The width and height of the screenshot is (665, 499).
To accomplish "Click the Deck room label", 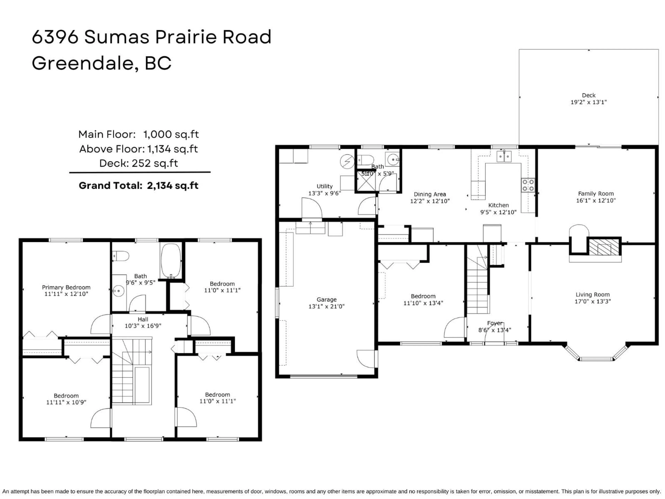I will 588,95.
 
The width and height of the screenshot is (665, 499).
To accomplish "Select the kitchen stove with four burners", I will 528,185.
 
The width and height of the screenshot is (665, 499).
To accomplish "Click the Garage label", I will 326,300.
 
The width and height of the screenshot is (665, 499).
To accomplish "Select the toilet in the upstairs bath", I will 121,256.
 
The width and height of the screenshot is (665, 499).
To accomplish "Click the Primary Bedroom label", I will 66,287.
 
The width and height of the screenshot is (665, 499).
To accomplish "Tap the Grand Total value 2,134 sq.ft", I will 172,186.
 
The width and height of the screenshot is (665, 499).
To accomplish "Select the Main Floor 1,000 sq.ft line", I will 139,134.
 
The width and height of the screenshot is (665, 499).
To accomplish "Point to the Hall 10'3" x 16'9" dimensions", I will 143,326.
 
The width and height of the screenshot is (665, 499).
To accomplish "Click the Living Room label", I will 593,295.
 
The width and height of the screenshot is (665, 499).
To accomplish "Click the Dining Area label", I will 430,194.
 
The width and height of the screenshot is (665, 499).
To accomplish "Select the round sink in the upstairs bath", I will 119,291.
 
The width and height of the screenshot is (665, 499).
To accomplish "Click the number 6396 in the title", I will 55,37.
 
